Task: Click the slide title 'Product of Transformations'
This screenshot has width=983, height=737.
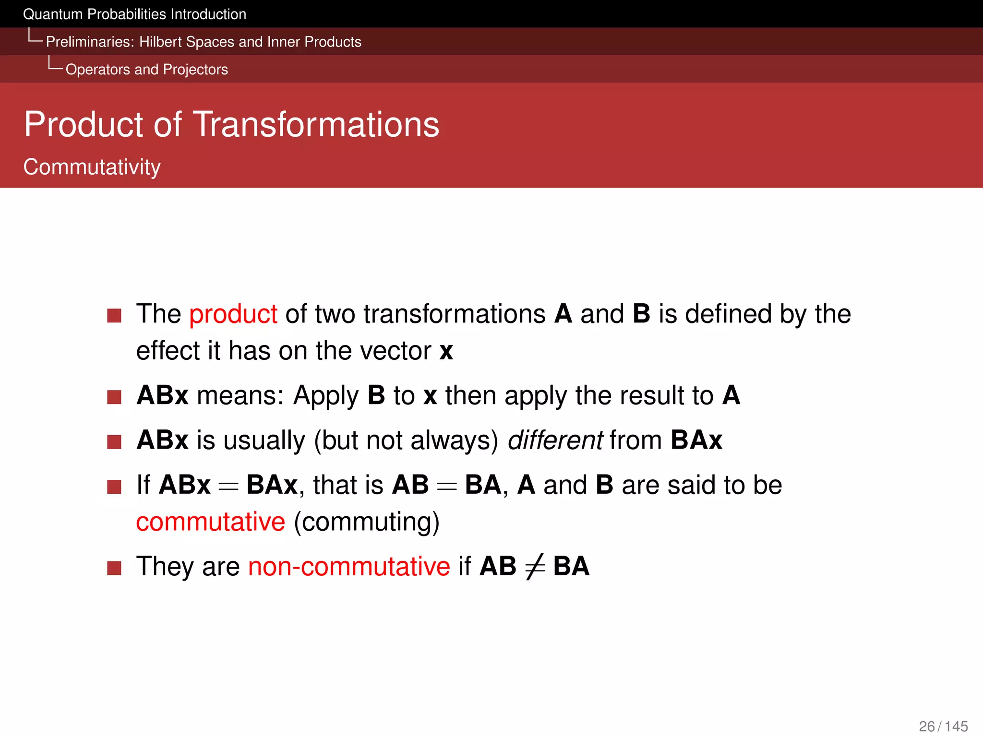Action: [x=231, y=124]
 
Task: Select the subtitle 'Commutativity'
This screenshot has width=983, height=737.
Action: [x=92, y=167]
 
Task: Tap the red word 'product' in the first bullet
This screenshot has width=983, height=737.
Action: [x=233, y=314]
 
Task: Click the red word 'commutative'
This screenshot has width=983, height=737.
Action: [x=210, y=522]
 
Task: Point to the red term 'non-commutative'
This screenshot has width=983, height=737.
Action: [x=349, y=566]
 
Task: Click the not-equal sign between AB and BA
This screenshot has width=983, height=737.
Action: [x=535, y=567]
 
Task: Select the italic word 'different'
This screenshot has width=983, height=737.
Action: [x=555, y=440]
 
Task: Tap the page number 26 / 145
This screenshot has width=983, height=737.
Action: [x=943, y=726]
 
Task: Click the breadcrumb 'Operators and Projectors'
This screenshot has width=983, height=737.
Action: [x=146, y=70]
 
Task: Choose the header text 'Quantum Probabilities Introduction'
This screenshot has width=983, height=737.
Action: [x=134, y=14]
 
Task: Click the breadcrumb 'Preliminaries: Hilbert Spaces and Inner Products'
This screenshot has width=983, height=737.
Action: [x=204, y=42]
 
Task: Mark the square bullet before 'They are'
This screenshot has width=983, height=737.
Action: [x=114, y=568]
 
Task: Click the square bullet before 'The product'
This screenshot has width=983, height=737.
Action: [x=114, y=316]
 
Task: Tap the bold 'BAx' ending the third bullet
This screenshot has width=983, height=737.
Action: [x=696, y=440]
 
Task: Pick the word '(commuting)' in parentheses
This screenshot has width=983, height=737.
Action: [x=367, y=522]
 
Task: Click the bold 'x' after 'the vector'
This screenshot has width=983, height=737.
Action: [x=446, y=351]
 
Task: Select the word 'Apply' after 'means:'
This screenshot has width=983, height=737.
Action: [x=326, y=396]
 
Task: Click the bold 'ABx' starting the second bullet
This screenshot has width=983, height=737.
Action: [x=162, y=395]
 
